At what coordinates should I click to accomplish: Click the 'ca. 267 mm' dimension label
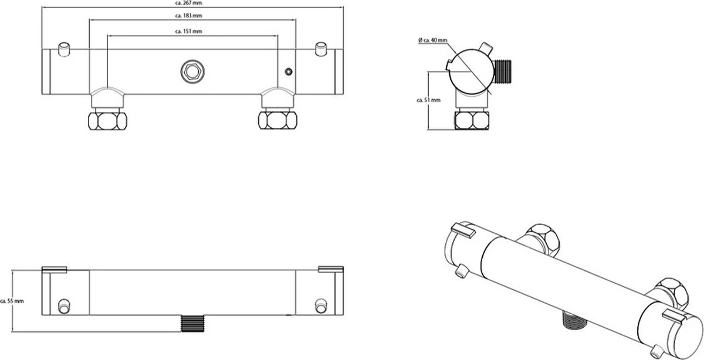coord(192,4)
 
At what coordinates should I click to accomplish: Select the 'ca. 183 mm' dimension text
coord(192,16)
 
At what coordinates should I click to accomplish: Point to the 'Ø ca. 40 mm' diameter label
coord(433,40)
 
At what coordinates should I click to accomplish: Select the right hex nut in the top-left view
coord(277,120)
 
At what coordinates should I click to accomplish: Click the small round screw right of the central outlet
coord(287,72)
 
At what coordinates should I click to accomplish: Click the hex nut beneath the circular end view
coord(472,120)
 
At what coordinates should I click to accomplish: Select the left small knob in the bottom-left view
coord(64,305)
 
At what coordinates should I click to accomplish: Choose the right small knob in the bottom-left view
coord(320,305)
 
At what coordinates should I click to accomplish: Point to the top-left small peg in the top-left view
coord(64,47)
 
